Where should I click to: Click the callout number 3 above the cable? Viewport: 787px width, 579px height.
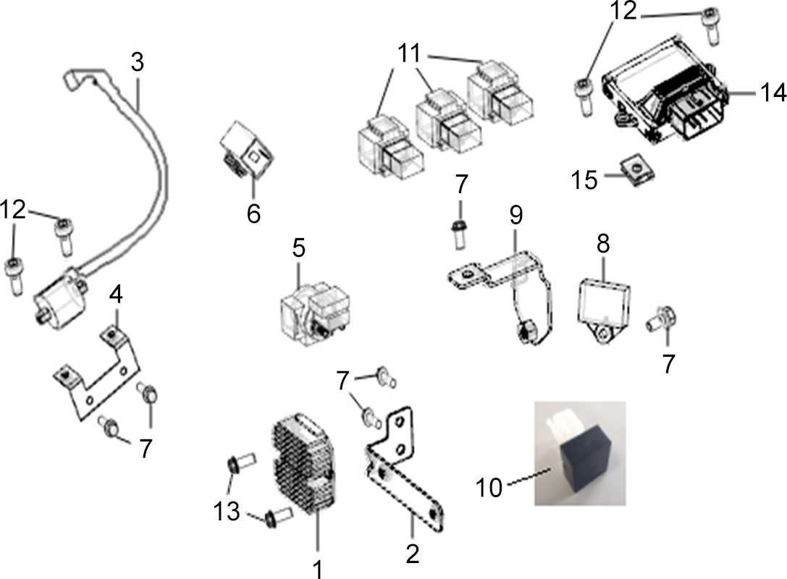137,62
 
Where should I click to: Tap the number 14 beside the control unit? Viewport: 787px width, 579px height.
773,93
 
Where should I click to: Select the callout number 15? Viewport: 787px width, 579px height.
585,179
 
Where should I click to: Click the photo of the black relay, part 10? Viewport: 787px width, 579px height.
580,453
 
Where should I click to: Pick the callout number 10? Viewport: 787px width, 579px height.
489,486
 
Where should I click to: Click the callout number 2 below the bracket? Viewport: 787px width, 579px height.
412,554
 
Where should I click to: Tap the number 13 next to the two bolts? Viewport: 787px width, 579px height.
227,512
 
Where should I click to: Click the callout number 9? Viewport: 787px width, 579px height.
516,214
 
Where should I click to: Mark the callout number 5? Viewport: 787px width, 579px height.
298,248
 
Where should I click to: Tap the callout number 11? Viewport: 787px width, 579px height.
409,53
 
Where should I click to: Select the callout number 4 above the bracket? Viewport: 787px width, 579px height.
116,295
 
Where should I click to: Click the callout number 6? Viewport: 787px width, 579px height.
253,214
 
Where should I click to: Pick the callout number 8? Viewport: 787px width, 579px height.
603,243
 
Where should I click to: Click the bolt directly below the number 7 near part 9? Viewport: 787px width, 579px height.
458,234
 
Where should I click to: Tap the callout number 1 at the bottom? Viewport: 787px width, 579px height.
317,569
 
